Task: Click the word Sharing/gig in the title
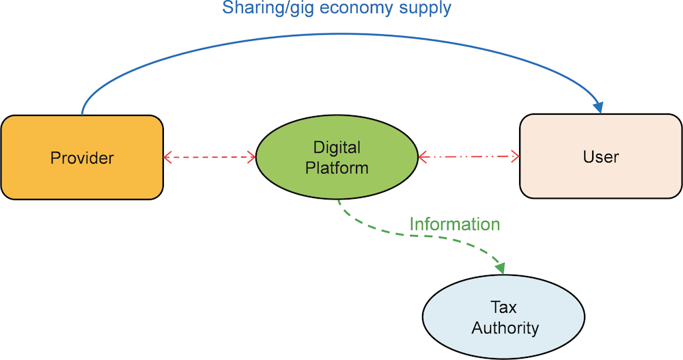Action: click(261, 9)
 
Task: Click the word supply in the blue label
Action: click(427, 9)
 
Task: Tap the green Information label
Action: click(455, 224)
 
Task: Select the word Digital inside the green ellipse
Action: click(337, 147)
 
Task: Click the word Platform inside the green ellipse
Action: click(337, 167)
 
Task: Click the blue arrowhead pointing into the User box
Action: click(599, 107)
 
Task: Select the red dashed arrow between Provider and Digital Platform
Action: click(210, 158)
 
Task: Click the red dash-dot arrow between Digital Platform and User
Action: click(469, 157)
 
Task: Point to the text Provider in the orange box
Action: click(82, 158)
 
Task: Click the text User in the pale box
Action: click(600, 157)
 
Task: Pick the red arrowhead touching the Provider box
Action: click(167, 158)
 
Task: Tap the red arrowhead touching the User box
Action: click(516, 157)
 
